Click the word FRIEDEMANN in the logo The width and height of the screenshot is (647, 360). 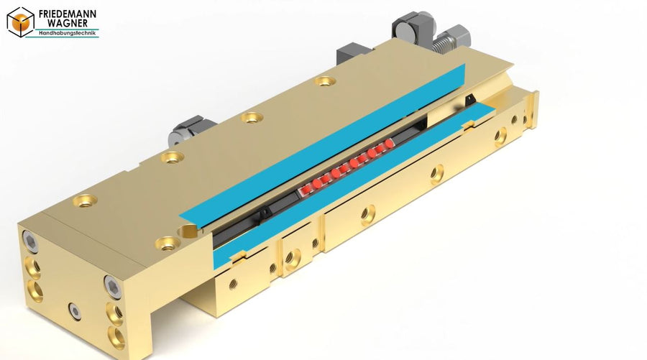pos(68,14)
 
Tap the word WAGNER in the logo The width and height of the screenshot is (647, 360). pos(68,23)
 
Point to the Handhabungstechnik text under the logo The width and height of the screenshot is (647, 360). pos(67,33)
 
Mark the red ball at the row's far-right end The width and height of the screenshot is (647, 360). pos(389,144)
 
